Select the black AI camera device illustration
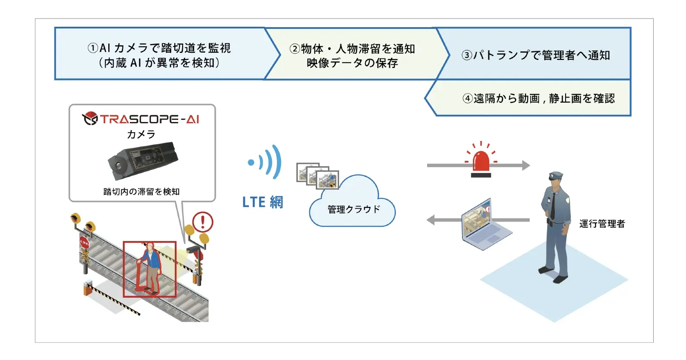[143, 160]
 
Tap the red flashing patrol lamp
[481, 160]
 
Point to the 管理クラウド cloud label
[354, 210]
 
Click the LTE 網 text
[263, 202]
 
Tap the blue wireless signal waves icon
[265, 162]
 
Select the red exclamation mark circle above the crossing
[203, 222]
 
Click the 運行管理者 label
[602, 224]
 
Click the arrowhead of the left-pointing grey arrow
[431, 220]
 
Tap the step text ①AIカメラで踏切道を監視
[159, 48]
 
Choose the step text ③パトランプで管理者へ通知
[536, 56]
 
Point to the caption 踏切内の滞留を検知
[142, 191]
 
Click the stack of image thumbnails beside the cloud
[318, 176]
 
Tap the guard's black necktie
[553, 206]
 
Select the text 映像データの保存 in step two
[352, 63]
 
